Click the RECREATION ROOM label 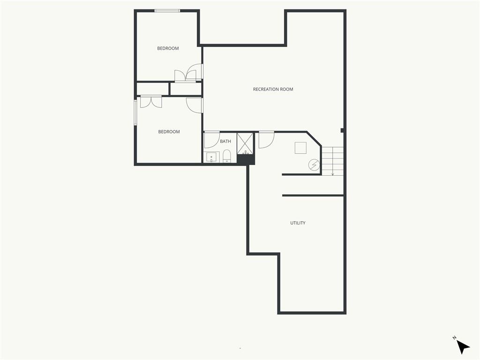pos(273,90)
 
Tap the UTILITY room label pos(298,223)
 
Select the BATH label pos(225,142)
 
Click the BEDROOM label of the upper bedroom pos(168,48)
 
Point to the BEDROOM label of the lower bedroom pos(169,132)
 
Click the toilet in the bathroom pos(226,156)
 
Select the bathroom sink pos(211,157)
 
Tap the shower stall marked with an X pos(245,143)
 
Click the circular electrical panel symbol pos(314,165)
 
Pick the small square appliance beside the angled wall pos(300,148)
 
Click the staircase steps pos(332,161)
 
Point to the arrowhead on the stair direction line pos(333,174)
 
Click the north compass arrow pos(463,347)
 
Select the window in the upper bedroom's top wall pos(167,11)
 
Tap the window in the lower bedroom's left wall pos(135,112)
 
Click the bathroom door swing pos(212,140)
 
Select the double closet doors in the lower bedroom pos(151,102)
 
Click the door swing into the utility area pos(267,140)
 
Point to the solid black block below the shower pos(246,159)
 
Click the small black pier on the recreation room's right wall pos(343,130)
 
